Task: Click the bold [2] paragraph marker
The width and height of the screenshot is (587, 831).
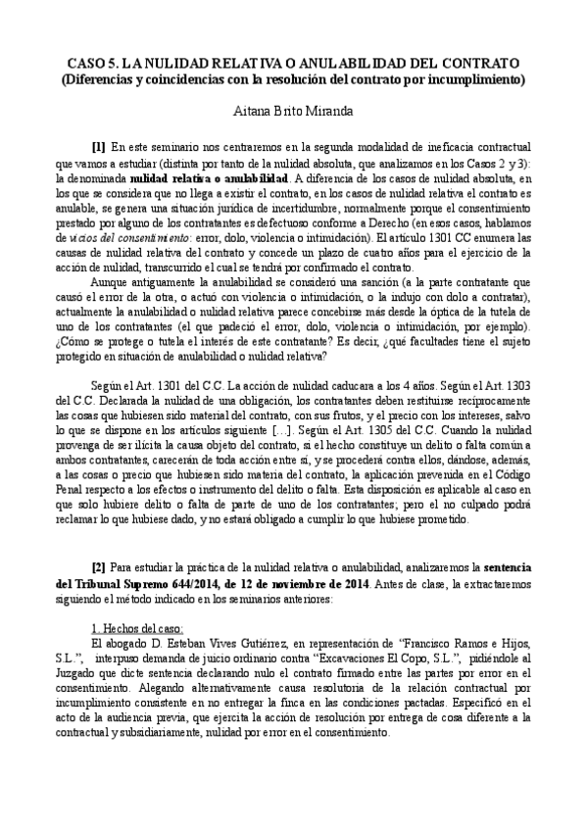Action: click(98, 566)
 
